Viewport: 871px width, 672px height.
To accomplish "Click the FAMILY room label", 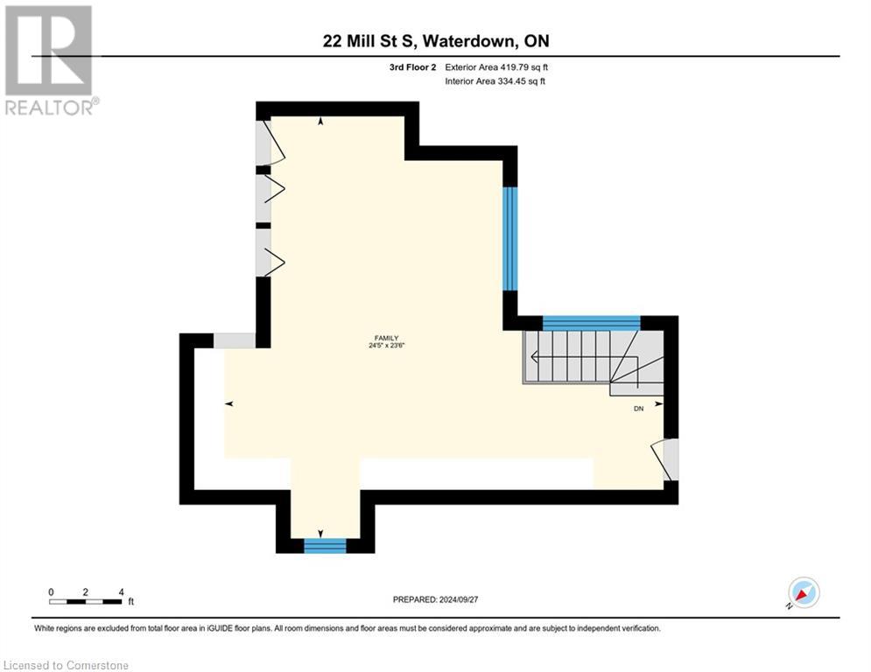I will (x=385, y=338).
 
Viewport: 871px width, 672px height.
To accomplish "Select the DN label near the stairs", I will (x=638, y=409).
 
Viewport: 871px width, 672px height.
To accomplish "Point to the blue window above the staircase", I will (x=591, y=322).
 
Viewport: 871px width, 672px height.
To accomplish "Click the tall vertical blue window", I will (x=509, y=238).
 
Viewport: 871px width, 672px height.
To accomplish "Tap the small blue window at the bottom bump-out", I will (x=325, y=546).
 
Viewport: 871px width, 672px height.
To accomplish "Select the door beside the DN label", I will (x=667, y=459).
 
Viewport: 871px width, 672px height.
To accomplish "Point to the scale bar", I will (x=86, y=601).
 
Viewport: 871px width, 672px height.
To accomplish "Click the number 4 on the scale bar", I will (x=120, y=591).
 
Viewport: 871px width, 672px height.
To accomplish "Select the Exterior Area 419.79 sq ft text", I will (x=496, y=66).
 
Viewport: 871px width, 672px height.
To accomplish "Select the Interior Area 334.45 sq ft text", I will (x=496, y=81).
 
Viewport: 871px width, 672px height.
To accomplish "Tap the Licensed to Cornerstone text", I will (x=67, y=666).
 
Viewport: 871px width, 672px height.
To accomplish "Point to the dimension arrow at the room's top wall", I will (x=320, y=122).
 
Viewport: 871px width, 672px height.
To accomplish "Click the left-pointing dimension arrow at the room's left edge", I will (x=229, y=403).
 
